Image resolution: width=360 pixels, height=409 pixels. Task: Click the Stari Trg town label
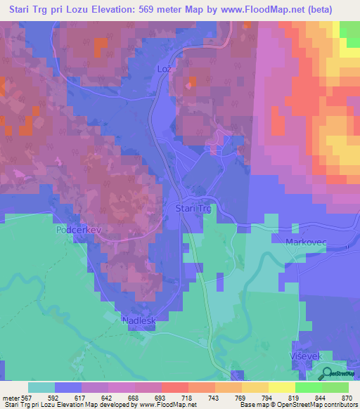click(x=192, y=209)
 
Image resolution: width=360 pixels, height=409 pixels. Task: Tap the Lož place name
click(x=163, y=70)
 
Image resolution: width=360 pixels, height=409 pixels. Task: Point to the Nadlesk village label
click(x=138, y=320)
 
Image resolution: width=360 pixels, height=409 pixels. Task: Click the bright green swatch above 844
click(x=308, y=387)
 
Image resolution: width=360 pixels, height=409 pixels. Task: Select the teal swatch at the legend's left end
click(x=41, y=387)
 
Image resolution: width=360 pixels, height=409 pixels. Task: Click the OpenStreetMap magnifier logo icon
click(x=324, y=374)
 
